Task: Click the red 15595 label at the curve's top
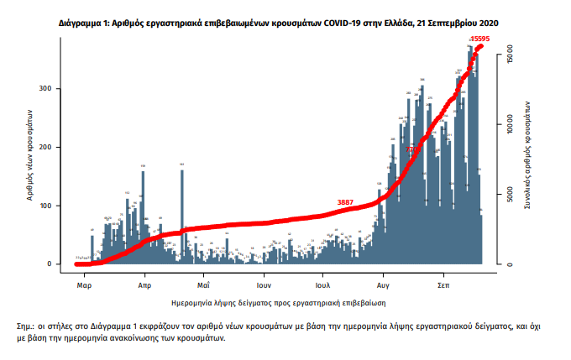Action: click(x=480, y=39)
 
